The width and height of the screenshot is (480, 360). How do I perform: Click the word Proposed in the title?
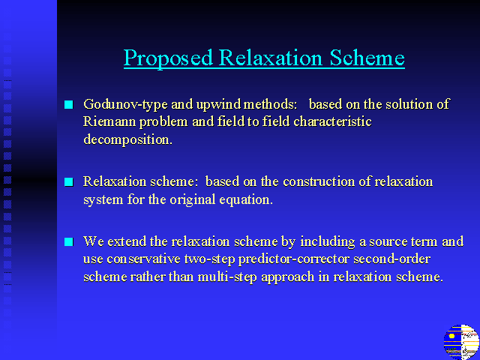[168, 58]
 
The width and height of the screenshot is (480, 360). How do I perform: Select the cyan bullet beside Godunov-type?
[69, 105]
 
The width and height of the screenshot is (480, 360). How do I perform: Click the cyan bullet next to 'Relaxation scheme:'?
[69, 181]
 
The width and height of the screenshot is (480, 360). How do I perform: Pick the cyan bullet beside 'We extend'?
[69, 241]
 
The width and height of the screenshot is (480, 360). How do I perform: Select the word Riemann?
[109, 121]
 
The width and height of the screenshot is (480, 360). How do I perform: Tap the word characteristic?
[332, 121]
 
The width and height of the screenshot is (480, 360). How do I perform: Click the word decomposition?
[128, 140]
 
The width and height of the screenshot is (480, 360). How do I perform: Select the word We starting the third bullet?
[93, 241]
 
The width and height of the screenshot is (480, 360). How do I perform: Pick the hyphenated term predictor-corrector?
[293, 259]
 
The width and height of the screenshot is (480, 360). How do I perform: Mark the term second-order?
[391, 259]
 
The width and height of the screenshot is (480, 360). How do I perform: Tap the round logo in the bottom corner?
[461, 342]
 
